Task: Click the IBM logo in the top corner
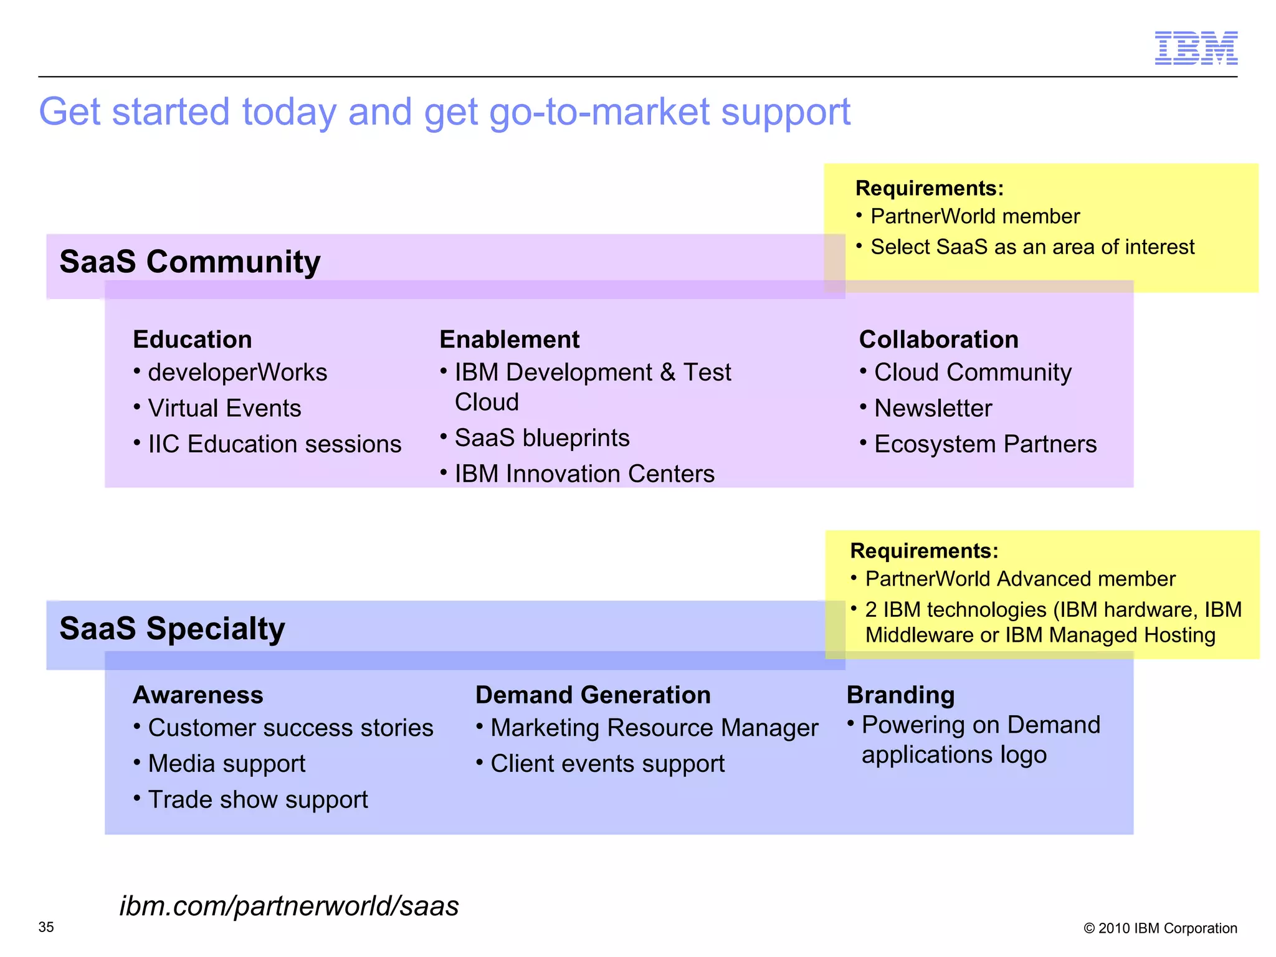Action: tap(1196, 48)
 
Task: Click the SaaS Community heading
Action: tap(190, 262)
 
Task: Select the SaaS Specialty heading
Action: tap(172, 629)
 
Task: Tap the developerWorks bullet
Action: tap(237, 373)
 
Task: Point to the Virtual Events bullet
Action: tap(224, 409)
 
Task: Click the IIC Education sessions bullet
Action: tap(274, 444)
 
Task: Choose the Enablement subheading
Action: tap(509, 340)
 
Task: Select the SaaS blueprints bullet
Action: tap(541, 438)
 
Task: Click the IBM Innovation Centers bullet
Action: tap(584, 474)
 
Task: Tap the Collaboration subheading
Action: tap(938, 340)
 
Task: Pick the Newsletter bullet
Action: tap(933, 409)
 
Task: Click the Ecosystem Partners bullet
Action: tap(985, 444)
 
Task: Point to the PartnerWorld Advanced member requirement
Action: tap(1020, 579)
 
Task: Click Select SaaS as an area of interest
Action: tap(1032, 247)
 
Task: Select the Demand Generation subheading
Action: tap(593, 695)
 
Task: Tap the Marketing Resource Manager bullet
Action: tap(654, 728)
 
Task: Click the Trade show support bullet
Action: tap(257, 800)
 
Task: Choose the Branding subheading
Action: tap(900, 695)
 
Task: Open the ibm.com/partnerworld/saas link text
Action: tap(289, 906)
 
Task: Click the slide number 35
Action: tap(46, 927)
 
